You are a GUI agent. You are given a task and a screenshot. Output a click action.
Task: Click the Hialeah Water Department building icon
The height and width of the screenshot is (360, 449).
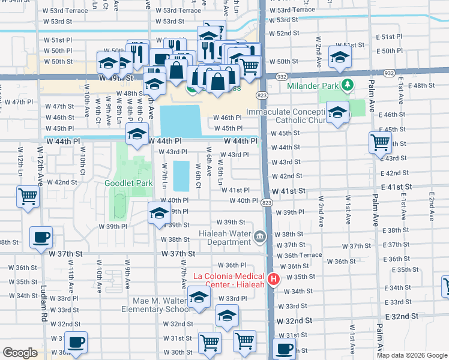tap(259, 236)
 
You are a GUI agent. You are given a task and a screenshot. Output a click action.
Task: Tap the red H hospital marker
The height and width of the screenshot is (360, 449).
tap(274, 279)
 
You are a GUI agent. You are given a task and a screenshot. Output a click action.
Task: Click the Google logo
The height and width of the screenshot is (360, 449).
tap(20, 353)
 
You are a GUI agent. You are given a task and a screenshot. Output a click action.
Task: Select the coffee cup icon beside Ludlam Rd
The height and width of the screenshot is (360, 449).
tap(41, 238)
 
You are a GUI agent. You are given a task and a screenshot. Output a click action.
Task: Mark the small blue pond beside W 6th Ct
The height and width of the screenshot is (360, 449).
tap(181, 174)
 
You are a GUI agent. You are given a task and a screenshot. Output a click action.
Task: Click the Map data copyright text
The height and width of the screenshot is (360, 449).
tap(412, 355)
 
